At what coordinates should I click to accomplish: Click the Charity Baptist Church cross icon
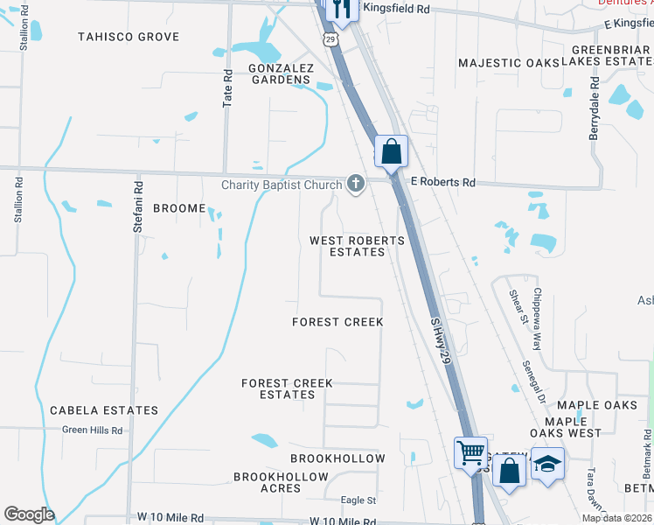355,184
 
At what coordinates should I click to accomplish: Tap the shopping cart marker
470,452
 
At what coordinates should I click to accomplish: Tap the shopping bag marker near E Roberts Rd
392,150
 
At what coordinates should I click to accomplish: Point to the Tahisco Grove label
129,37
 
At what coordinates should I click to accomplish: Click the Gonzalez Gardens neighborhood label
280,73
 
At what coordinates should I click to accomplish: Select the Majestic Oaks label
510,63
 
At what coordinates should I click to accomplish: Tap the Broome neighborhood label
180,208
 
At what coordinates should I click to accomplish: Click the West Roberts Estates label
358,246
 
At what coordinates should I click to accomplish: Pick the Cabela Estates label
104,410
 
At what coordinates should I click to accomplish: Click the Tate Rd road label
228,89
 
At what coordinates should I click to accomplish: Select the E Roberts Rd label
443,183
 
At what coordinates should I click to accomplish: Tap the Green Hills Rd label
92,430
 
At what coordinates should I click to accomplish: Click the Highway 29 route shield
329,39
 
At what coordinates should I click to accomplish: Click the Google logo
29,514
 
